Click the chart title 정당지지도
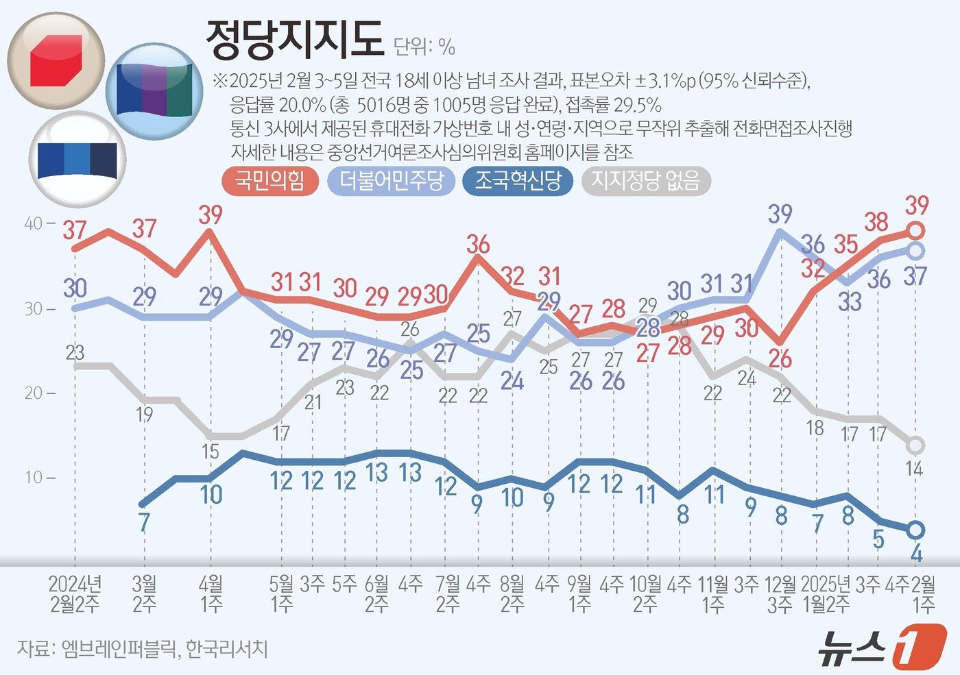pyautogui.click(x=294, y=40)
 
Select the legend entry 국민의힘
pyautogui.click(x=269, y=181)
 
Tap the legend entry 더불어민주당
pyautogui.click(x=392, y=181)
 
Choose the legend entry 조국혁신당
pyautogui.click(x=518, y=181)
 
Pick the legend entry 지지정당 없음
pyautogui.click(x=645, y=181)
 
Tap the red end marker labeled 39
pyautogui.click(x=916, y=230)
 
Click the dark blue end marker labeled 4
pyautogui.click(x=916, y=530)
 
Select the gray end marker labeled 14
pyautogui.click(x=916, y=445)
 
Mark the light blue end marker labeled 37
pyautogui.click(x=916, y=250)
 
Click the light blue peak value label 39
pyautogui.click(x=780, y=214)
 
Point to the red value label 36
pyautogui.click(x=478, y=244)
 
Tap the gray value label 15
pyautogui.click(x=210, y=451)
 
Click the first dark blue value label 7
pyautogui.click(x=144, y=522)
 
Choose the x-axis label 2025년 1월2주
pyautogui.click(x=825, y=593)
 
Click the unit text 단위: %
pyautogui.click(x=424, y=47)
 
